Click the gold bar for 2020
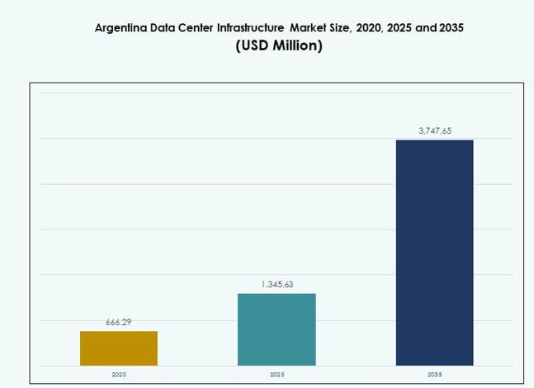click(x=119, y=348)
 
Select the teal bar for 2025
click(x=276, y=329)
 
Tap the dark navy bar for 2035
click(x=434, y=252)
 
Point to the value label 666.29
click(x=119, y=322)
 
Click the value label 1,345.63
click(x=276, y=285)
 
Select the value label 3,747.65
click(x=434, y=130)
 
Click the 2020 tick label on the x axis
click(x=119, y=374)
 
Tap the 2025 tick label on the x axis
click(x=276, y=374)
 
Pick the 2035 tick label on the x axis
click(x=434, y=374)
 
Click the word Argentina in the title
click(x=124, y=27)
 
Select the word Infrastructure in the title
click(x=248, y=27)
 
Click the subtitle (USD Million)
click(x=279, y=46)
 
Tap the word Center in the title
click(x=193, y=27)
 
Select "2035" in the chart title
click(x=450, y=27)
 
